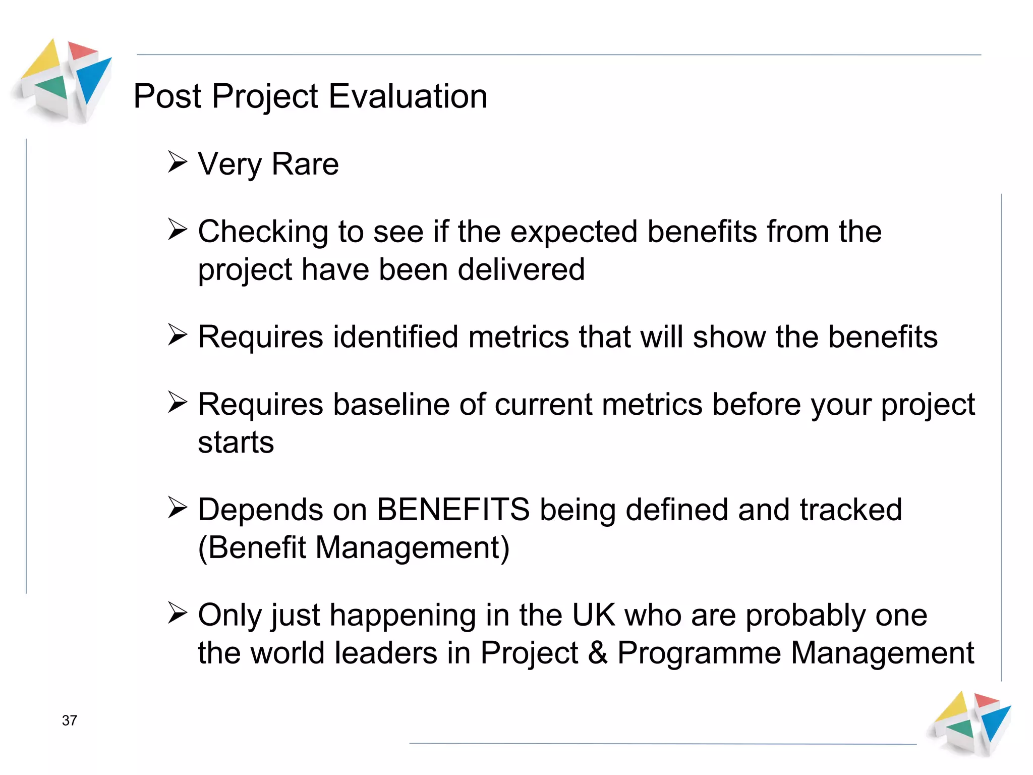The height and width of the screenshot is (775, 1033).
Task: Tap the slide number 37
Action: tap(70, 720)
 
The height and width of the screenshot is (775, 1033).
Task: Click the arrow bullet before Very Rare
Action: tap(178, 162)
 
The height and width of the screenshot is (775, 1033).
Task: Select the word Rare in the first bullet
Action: tap(305, 164)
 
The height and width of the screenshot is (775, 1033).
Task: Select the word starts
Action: tap(236, 442)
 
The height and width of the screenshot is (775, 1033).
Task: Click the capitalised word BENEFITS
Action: tap(453, 510)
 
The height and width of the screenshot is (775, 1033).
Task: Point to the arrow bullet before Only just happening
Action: tap(178, 613)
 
